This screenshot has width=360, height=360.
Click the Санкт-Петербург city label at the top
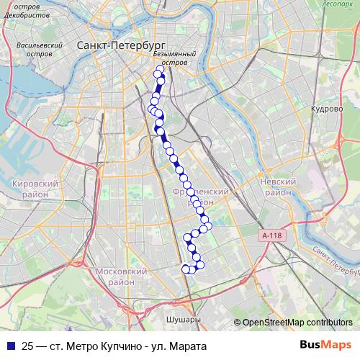(x=114, y=45)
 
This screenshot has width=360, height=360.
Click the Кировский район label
(x=35, y=189)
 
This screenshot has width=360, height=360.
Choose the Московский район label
(x=121, y=276)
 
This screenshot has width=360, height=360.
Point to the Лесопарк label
(x=338, y=4)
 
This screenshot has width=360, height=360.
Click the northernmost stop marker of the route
(x=159, y=70)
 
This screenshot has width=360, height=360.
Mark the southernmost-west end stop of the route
(x=185, y=269)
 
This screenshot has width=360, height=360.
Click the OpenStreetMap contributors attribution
(x=297, y=322)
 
